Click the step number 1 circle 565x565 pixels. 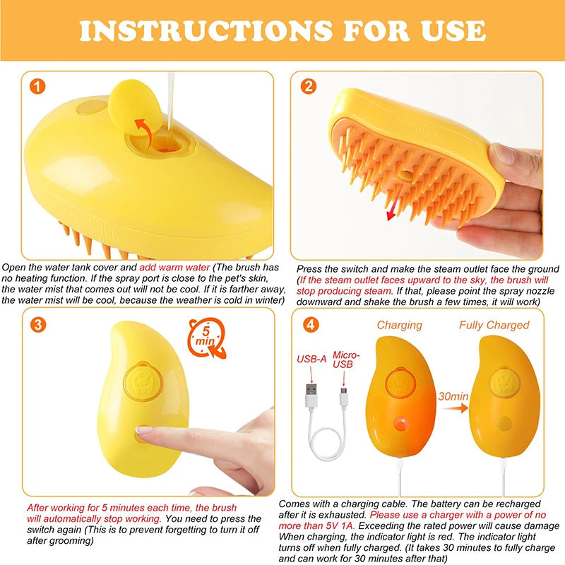point(37,87)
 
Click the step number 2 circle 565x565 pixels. point(309,86)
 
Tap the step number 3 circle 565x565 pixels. point(38,325)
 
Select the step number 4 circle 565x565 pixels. point(311,324)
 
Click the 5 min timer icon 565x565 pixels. point(206,338)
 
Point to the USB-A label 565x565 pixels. point(311,359)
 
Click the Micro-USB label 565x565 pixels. point(345,359)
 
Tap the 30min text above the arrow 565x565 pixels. point(453,396)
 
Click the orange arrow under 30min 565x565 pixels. point(455,408)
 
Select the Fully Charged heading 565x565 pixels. point(494,326)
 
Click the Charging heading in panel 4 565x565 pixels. point(399,326)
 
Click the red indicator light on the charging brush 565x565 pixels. point(400,424)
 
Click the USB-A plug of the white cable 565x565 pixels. point(311,395)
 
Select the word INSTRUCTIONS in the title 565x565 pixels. point(206,30)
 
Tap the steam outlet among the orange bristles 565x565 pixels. point(405,175)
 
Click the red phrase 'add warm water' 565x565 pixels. point(174,268)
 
